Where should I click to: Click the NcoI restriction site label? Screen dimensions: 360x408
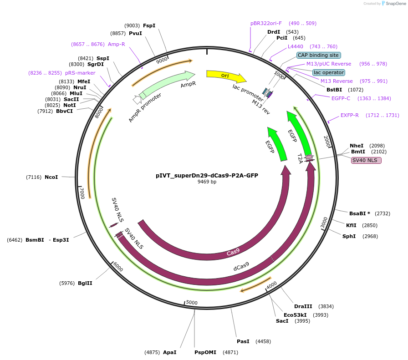[x=51, y=177]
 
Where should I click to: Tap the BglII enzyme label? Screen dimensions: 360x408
[x=85, y=283]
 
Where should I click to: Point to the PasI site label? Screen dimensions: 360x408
[x=243, y=341]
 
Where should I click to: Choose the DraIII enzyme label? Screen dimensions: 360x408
[x=303, y=306]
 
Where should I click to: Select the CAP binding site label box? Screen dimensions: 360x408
[x=318, y=55]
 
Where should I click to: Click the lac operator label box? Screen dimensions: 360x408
[x=329, y=72]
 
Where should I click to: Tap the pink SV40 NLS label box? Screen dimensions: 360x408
[x=366, y=160]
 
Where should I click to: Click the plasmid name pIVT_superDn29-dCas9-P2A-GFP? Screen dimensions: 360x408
[x=207, y=175]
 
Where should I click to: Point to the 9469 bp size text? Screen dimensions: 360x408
[x=207, y=182]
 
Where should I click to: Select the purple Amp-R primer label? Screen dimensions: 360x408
[x=116, y=44]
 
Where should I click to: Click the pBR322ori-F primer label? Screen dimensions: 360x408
[x=266, y=23]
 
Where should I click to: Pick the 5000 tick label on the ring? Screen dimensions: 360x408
[x=192, y=302]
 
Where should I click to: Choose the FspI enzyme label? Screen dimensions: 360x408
[x=149, y=25]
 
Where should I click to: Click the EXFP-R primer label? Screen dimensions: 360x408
[x=349, y=115]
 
